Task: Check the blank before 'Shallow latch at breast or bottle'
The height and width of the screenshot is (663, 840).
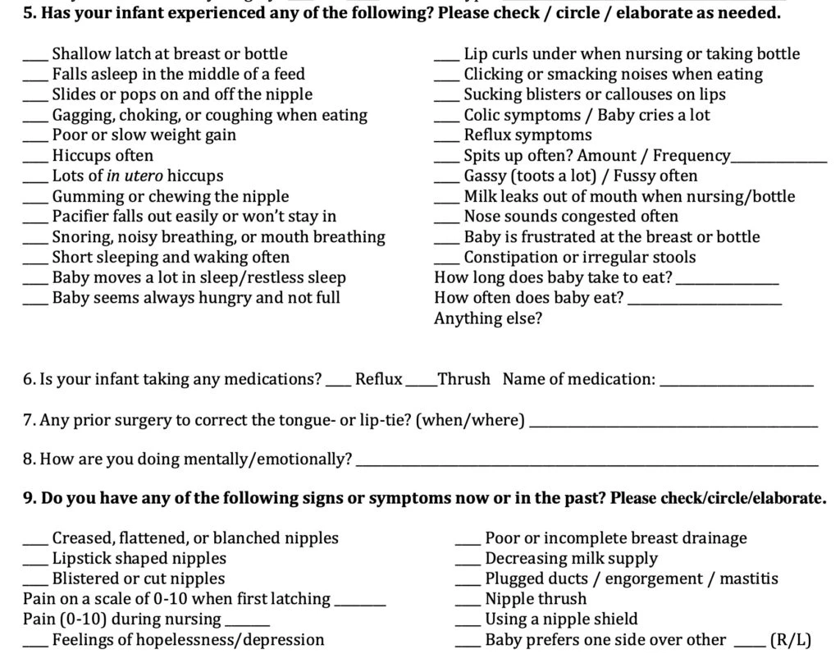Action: pos(36,59)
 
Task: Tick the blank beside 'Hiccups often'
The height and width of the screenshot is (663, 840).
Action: pos(36,160)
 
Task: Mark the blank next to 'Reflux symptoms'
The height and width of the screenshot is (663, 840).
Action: pos(447,140)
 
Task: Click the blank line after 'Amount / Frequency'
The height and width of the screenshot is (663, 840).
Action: pos(778,161)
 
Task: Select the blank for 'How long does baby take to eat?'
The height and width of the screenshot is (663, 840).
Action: pos(727,283)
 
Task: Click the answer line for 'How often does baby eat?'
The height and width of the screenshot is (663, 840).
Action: pos(705,304)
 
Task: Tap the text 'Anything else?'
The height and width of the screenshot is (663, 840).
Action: pos(488,318)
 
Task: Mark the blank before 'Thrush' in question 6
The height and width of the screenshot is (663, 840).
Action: pos(421,384)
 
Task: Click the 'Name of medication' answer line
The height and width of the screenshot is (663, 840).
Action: pos(737,384)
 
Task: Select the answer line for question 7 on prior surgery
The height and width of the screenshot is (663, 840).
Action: pos(673,425)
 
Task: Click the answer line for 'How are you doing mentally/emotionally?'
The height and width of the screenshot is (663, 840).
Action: pos(587,464)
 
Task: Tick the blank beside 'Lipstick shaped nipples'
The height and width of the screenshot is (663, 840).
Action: pos(36,564)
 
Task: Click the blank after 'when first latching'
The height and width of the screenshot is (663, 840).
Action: pos(360,604)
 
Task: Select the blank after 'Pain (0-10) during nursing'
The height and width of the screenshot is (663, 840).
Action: pos(247,624)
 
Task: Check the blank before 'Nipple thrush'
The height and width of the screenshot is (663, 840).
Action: pos(468,604)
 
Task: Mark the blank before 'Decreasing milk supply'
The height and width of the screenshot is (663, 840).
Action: pos(468,564)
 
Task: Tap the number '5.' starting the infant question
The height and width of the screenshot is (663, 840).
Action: pos(30,14)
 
